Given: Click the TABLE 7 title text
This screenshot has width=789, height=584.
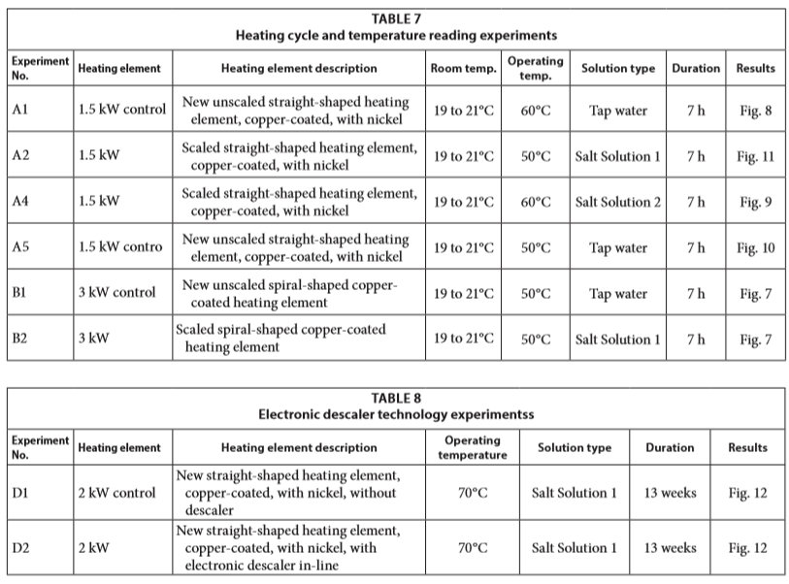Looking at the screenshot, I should (x=396, y=17).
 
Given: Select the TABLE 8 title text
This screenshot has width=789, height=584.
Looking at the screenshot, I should (x=396, y=397).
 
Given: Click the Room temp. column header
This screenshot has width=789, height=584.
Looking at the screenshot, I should (x=463, y=69).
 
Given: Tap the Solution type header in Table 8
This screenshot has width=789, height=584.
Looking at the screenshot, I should (x=574, y=448).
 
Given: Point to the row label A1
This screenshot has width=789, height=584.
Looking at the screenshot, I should (x=20, y=111).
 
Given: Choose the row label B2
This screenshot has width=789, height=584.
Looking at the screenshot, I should (x=20, y=340).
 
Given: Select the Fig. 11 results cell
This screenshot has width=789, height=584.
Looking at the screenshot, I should (x=755, y=156).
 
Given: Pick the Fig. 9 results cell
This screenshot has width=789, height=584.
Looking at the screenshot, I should (x=755, y=202).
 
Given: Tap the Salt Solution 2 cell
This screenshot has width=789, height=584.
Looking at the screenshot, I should (x=618, y=202).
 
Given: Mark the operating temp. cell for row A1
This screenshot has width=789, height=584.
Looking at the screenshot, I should (x=536, y=111).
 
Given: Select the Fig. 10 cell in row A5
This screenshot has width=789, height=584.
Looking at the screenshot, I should (x=755, y=247).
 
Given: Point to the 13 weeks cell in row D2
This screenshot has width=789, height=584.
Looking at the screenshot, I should (x=670, y=548).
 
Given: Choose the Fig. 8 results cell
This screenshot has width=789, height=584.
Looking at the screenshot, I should (x=755, y=111).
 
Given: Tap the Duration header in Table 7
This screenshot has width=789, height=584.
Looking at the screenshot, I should (x=696, y=69).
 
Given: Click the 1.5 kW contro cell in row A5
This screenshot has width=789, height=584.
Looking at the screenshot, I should (x=120, y=247).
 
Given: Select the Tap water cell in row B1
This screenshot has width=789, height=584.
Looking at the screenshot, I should (x=618, y=293).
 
